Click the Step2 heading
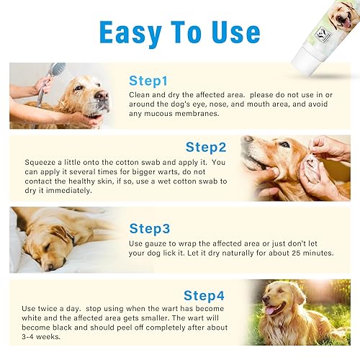(x=207, y=147)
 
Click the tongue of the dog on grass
(x=272, y=311)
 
